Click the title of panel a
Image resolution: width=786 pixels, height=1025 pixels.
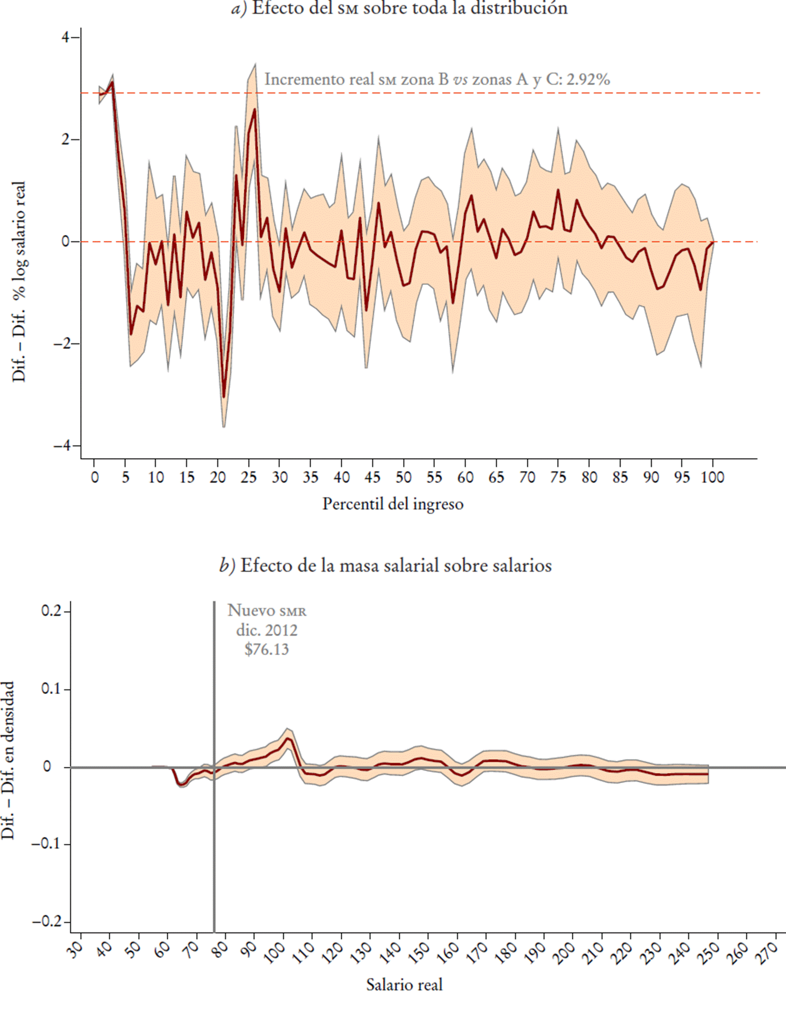(x=399, y=8)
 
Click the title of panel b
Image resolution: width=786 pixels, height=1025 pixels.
(x=385, y=565)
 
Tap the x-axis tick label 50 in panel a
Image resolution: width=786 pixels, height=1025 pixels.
(x=404, y=477)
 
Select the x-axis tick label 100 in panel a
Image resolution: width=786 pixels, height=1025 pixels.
(x=713, y=477)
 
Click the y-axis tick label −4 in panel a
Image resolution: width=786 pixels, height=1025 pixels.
(x=61, y=446)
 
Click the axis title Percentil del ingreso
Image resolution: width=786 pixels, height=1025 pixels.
(x=393, y=504)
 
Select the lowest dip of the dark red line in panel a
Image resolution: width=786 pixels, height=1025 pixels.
(x=224, y=397)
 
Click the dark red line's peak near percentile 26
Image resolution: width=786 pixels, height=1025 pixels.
(x=255, y=109)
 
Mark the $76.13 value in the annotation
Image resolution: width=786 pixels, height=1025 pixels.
(x=267, y=649)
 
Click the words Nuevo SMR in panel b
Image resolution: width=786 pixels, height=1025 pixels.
(x=267, y=611)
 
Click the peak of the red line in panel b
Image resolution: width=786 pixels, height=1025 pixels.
(x=288, y=739)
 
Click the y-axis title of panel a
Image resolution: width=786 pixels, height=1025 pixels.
(x=19, y=281)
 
